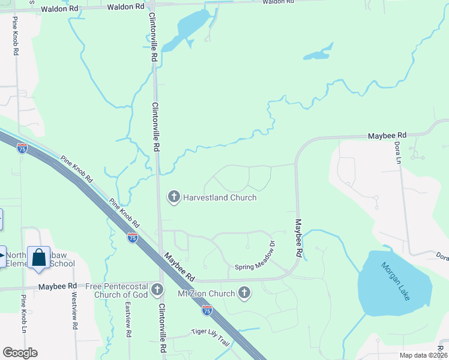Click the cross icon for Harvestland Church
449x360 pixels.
point(174,197)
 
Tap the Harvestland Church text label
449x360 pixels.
point(220,197)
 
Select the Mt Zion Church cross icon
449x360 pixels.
point(244,293)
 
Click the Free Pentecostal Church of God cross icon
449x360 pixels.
point(157,290)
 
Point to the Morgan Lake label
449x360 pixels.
point(395,280)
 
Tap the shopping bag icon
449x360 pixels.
point(39,258)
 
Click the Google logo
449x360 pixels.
point(20,352)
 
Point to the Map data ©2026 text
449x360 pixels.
point(423,355)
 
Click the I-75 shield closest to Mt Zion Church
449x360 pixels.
point(206,310)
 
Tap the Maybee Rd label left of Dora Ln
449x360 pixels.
point(387,136)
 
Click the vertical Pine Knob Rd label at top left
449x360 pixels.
point(14,36)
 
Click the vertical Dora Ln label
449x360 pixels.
point(397,152)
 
